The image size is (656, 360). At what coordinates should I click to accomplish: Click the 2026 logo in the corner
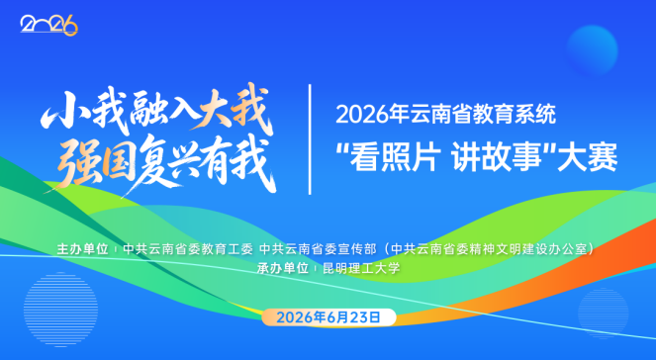click(x=48, y=25)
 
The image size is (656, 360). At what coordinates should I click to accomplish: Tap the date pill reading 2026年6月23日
click(x=328, y=317)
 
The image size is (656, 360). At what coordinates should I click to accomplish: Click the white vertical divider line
click(x=310, y=139)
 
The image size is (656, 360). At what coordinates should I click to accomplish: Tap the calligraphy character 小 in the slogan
click(x=62, y=111)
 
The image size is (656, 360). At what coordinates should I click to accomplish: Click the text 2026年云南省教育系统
click(x=446, y=114)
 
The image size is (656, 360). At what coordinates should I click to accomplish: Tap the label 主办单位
click(x=82, y=249)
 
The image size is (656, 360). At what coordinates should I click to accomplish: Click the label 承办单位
click(x=282, y=268)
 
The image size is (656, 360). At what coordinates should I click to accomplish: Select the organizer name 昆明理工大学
click(x=361, y=268)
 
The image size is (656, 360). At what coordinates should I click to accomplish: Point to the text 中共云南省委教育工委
click(x=188, y=249)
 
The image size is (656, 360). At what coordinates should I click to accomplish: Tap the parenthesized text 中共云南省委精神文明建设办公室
click(x=490, y=249)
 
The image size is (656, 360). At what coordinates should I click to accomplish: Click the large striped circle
click(x=61, y=310)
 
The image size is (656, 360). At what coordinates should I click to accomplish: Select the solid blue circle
click(x=593, y=50)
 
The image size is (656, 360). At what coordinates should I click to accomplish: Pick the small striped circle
click(x=604, y=313)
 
